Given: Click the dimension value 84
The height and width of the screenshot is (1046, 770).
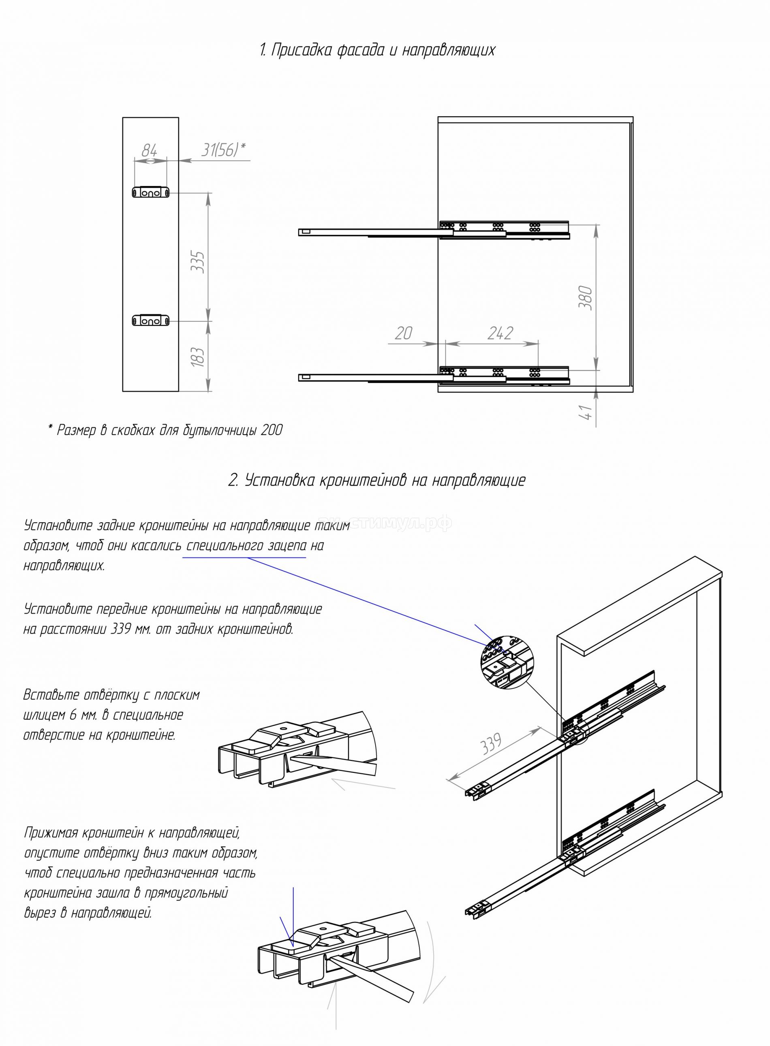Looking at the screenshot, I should [x=149, y=150].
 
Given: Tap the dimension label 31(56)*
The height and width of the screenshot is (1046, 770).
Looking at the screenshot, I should [x=223, y=149].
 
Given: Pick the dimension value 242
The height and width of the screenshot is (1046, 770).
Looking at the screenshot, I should [x=500, y=333].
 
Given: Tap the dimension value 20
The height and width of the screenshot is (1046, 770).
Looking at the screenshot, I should [x=404, y=333].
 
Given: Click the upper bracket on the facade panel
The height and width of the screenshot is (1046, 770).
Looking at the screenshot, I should [x=150, y=192].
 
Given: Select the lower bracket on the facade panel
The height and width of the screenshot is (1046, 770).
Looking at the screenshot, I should [x=150, y=321].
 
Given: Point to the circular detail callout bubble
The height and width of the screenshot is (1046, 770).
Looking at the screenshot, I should [x=505, y=662].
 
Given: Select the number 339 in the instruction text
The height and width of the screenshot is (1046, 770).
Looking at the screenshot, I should [x=122, y=629].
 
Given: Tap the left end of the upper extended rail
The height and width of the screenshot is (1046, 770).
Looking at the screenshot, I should [x=305, y=231].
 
